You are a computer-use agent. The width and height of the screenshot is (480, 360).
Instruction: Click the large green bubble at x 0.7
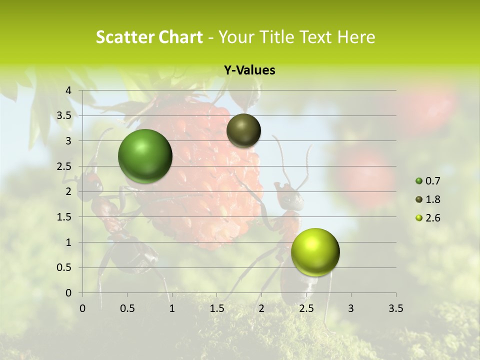[x=145, y=156]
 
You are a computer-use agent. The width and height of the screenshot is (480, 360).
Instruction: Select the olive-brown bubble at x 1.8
[x=243, y=130]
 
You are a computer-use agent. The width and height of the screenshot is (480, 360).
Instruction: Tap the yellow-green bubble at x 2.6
[x=315, y=252]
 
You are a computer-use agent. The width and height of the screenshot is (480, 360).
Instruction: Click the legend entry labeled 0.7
[x=429, y=181]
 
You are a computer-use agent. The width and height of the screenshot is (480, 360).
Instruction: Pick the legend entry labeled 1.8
[x=429, y=199]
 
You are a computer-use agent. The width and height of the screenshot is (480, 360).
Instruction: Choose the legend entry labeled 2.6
[x=429, y=218]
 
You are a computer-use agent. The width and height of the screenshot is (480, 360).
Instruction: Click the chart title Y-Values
[x=249, y=70]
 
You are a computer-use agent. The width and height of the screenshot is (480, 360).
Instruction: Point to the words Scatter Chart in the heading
[x=149, y=37]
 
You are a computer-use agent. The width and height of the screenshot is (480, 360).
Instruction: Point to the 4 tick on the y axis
[x=69, y=90]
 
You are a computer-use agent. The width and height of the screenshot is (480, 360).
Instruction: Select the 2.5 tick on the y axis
[x=64, y=166]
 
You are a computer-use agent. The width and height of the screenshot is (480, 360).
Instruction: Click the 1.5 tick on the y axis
[x=64, y=217]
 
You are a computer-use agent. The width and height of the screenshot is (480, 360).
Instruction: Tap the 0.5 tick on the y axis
[x=64, y=267]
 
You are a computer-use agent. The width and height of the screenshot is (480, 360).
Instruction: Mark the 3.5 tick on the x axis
[x=395, y=308]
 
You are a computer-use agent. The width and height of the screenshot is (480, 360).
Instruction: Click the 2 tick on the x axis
[x=261, y=308]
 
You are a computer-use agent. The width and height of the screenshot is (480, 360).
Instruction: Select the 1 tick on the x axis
[x=172, y=308]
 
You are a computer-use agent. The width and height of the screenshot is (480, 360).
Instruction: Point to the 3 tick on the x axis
[x=350, y=308]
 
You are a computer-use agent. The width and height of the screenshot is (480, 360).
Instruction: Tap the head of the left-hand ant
[x=91, y=182]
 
